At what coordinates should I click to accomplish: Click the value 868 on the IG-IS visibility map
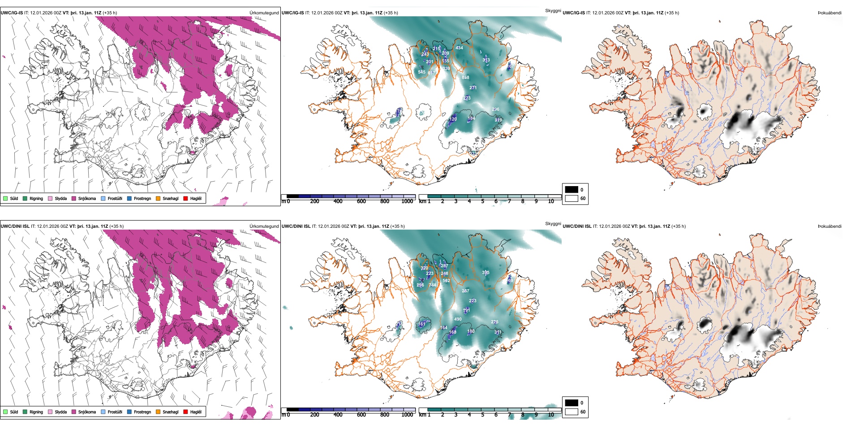466,78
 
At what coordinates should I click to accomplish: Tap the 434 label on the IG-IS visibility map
459,48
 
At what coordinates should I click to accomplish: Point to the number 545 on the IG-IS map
421,72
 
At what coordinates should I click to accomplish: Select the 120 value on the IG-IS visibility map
453,119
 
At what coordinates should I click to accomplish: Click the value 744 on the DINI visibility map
432,285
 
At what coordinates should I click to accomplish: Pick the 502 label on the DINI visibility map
446,281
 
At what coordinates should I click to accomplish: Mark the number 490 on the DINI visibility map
458,319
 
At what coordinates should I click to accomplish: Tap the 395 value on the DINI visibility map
486,273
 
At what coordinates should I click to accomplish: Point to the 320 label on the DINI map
424,268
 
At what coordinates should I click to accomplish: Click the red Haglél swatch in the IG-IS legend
185,199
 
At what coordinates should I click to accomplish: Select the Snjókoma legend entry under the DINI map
87,412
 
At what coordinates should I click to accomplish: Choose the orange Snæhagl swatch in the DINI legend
158,412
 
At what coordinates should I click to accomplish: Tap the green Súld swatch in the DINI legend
5,412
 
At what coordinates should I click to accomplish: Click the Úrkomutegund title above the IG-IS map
264,13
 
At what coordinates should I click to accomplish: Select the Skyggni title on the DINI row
553,224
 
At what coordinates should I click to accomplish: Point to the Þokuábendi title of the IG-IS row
830,13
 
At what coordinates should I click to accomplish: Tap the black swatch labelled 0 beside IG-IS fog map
572,190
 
